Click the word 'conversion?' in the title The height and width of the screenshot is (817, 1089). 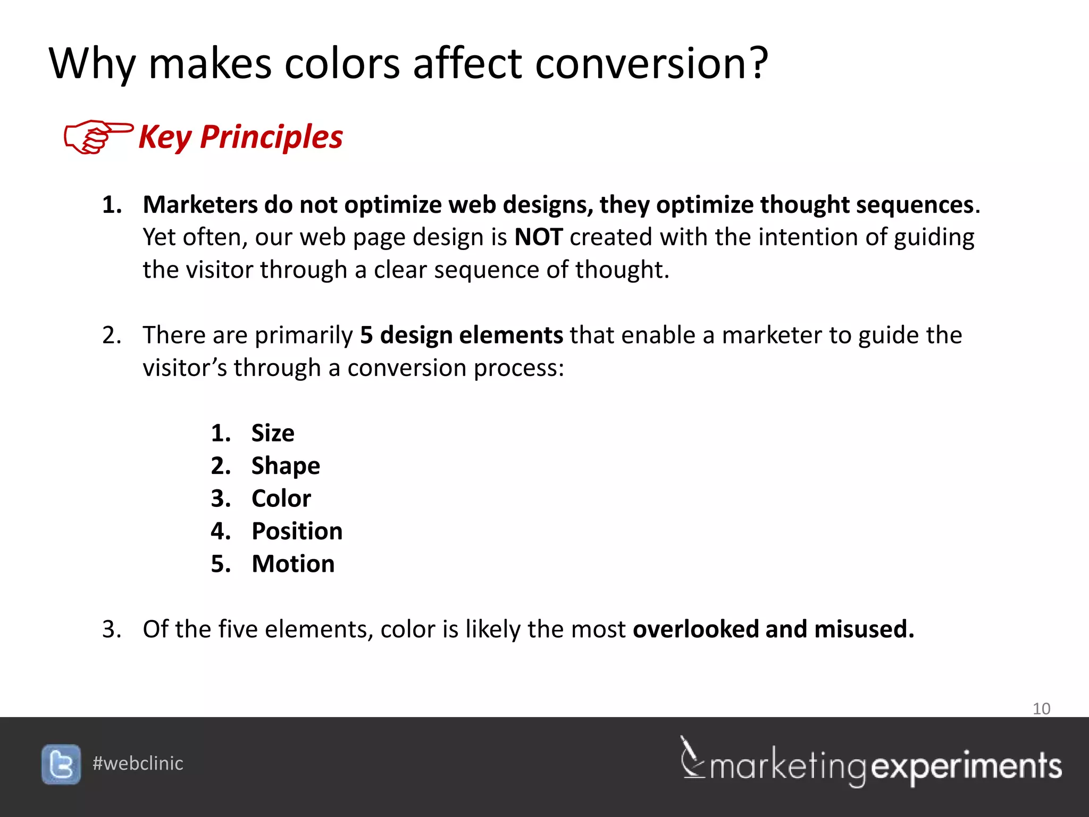(x=651, y=64)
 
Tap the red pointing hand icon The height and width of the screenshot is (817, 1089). (x=97, y=137)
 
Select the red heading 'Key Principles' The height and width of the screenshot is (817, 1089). (x=240, y=137)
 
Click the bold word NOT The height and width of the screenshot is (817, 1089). (x=538, y=237)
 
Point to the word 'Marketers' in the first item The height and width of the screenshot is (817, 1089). (x=200, y=205)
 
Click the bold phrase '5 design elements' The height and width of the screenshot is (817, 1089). (x=461, y=336)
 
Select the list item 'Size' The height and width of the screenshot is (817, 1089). (x=272, y=433)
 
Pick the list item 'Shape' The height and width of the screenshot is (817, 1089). (x=286, y=466)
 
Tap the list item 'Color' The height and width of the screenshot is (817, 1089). (x=281, y=498)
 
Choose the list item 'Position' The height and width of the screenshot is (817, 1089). (x=297, y=531)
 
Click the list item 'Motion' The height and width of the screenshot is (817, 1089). (x=293, y=564)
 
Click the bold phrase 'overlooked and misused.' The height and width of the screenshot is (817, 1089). (x=773, y=629)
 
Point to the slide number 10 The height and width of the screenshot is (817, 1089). (x=1041, y=708)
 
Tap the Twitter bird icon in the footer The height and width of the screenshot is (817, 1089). (x=61, y=764)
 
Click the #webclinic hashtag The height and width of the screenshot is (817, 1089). (x=138, y=764)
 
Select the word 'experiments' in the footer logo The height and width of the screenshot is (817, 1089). (x=966, y=767)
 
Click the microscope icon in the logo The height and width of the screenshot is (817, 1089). (x=692, y=758)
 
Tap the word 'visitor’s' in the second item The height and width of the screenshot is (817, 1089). (x=185, y=368)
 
